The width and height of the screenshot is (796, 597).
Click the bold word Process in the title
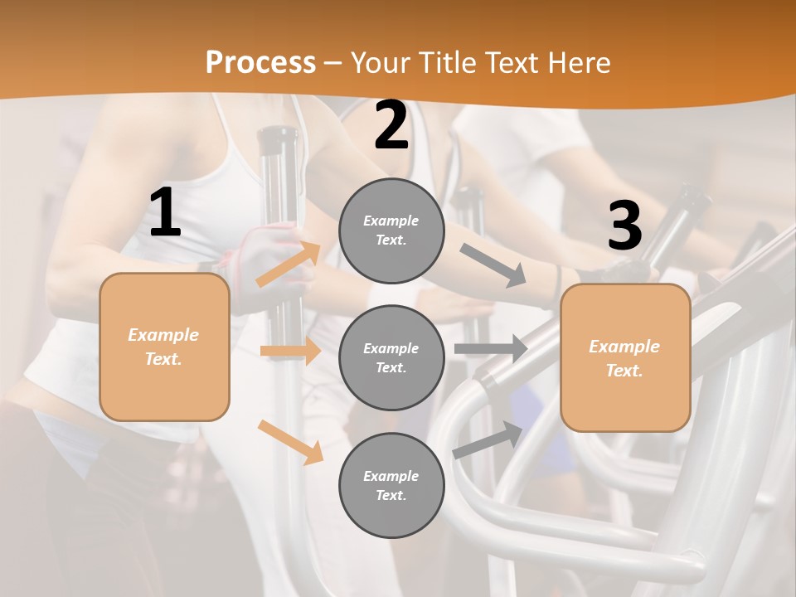(x=260, y=62)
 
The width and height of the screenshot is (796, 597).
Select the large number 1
(x=165, y=213)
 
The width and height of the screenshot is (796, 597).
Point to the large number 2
(x=391, y=126)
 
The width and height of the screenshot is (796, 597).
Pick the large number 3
(x=624, y=226)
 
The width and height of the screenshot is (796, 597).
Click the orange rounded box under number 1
(x=164, y=347)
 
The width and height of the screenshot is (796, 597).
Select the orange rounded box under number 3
(x=625, y=357)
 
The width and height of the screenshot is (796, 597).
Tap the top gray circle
(x=391, y=231)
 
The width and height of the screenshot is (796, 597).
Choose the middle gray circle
(x=391, y=357)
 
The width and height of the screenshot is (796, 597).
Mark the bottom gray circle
(x=391, y=485)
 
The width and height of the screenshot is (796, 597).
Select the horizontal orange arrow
(x=290, y=351)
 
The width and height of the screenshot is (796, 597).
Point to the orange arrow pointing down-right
(x=290, y=441)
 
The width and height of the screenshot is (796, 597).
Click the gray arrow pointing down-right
(x=493, y=265)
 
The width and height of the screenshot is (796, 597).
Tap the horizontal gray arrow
(x=491, y=348)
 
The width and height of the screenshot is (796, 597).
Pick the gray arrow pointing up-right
(x=488, y=439)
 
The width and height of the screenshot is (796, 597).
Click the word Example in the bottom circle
(x=391, y=476)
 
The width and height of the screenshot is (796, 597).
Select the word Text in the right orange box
(x=624, y=371)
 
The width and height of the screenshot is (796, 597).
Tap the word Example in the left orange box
(x=163, y=335)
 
